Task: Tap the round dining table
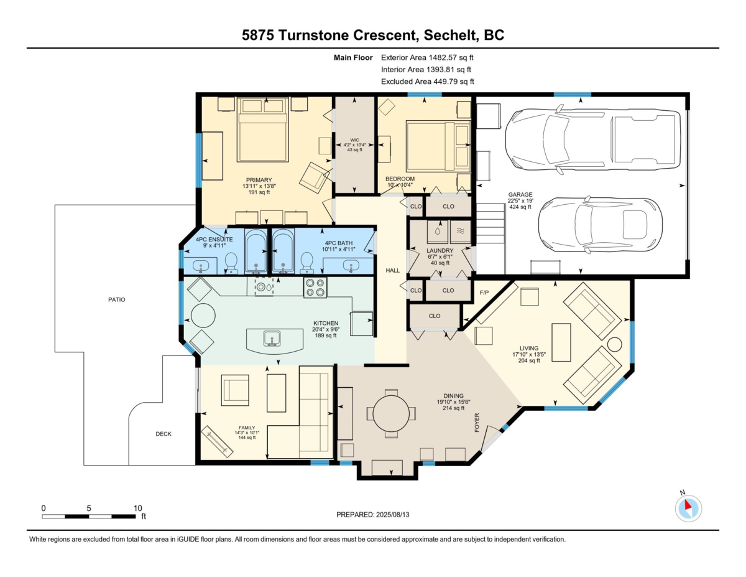[x=391, y=413]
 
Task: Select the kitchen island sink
[x=272, y=338]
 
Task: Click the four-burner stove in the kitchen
[x=315, y=288]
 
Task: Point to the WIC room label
[x=354, y=140]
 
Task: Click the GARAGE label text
[x=520, y=194]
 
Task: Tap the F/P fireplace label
[x=484, y=293]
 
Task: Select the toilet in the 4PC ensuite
[x=231, y=263]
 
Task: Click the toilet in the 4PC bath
[x=306, y=263]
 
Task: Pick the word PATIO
[x=117, y=299]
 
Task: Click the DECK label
[x=163, y=434]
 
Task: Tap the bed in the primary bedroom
[x=263, y=129]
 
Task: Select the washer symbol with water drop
[x=438, y=232]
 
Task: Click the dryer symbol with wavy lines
[x=461, y=232]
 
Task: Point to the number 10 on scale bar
[x=137, y=509]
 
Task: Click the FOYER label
[x=476, y=423]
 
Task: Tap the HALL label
[x=392, y=271]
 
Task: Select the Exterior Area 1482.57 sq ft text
[x=427, y=57]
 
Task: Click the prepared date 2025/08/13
[x=393, y=515]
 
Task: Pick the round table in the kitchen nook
[x=203, y=316]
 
